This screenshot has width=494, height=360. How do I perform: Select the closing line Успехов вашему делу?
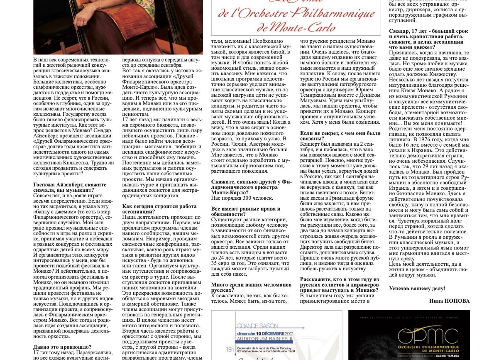tap(417, 288)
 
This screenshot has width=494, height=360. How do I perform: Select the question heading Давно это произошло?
tap(62, 347)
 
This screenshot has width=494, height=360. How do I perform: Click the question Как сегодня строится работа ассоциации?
tap(159, 208)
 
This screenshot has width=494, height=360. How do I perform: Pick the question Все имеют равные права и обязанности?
tap(246, 211)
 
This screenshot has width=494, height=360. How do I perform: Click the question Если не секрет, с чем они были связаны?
tap(340, 136)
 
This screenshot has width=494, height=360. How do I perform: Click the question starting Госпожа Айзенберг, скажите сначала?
tap(70, 187)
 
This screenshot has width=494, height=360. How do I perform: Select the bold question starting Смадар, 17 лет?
tap(428, 39)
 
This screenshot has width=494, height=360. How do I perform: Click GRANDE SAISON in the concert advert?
tap(257, 326)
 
